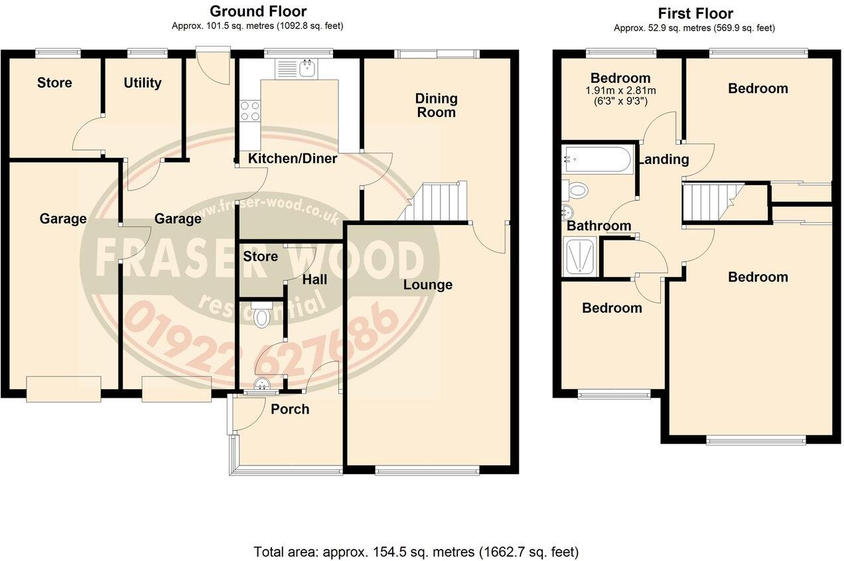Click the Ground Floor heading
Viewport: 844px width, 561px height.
(258, 11)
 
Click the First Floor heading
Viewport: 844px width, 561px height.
(695, 13)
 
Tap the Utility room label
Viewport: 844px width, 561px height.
(143, 83)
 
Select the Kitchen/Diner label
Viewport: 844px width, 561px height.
(292, 159)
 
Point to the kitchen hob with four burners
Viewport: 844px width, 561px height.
(250, 110)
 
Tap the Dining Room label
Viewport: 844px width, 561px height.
(436, 106)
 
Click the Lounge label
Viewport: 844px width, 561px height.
(428, 285)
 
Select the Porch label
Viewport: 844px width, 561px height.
(290, 409)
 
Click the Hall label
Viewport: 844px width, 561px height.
(315, 280)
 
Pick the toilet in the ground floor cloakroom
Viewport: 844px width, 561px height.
(263, 316)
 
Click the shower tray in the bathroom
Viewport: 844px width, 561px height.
(580, 257)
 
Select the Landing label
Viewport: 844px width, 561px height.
(664, 159)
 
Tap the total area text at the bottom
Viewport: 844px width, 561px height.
(416, 552)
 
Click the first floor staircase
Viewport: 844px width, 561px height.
(713, 199)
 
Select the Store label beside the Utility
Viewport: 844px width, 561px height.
(54, 83)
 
